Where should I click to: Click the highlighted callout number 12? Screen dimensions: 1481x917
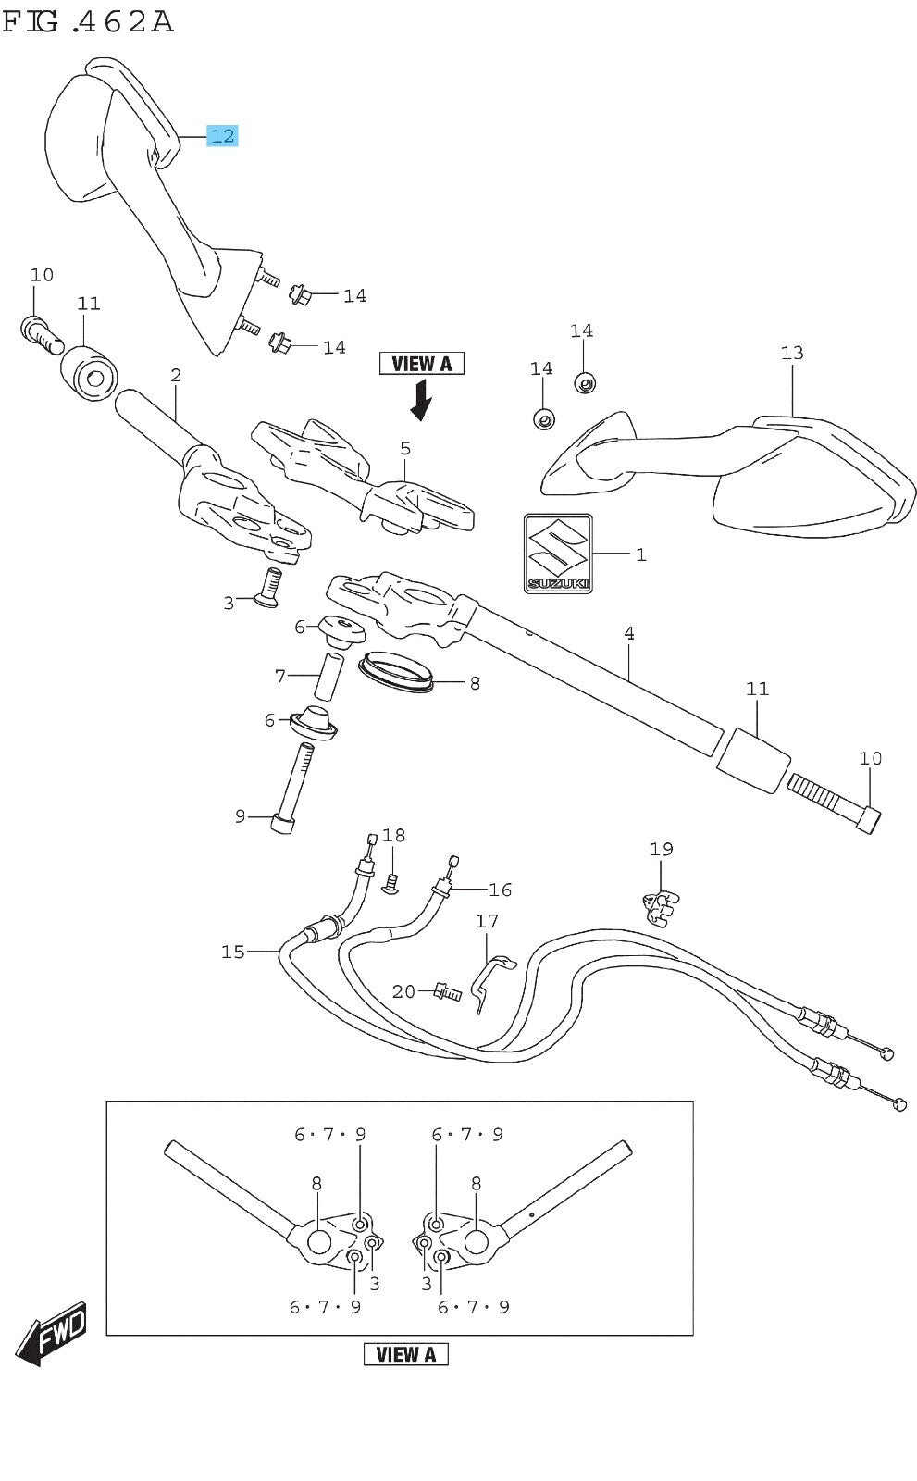(x=222, y=136)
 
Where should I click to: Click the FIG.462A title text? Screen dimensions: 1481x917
(x=88, y=20)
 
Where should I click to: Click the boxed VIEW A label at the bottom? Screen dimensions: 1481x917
(x=405, y=1354)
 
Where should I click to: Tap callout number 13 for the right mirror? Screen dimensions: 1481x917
(x=792, y=353)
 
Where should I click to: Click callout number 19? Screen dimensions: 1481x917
(x=661, y=849)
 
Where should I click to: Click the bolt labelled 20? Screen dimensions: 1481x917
(x=446, y=993)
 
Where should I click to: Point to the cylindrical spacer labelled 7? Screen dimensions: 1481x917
(x=328, y=677)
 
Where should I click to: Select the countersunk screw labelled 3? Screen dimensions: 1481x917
(x=266, y=588)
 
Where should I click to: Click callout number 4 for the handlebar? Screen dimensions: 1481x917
(x=629, y=634)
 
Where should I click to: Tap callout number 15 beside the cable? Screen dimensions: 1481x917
(x=233, y=952)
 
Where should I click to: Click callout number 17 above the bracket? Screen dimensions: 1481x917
(x=487, y=921)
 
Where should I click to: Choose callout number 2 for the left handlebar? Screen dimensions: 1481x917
(x=175, y=376)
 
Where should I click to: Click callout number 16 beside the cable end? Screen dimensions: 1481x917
(x=500, y=890)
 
